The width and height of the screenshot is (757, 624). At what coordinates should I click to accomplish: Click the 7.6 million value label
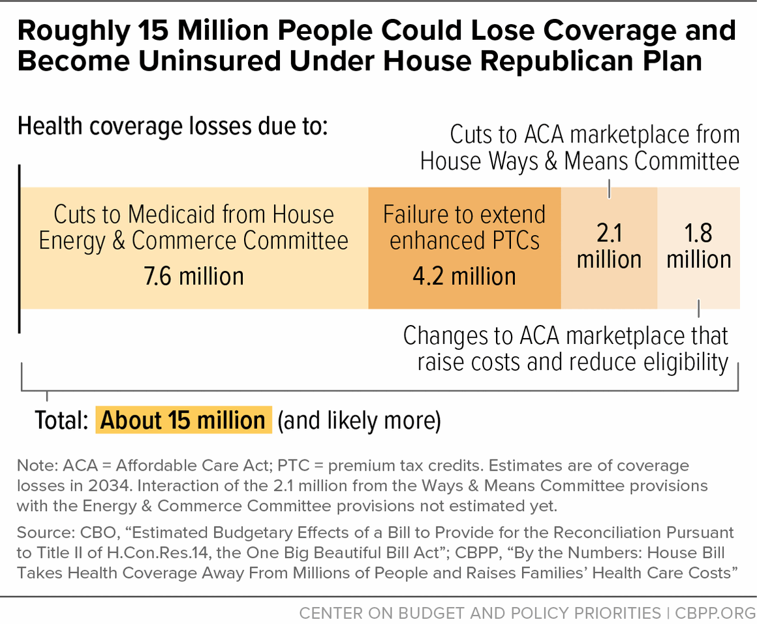(194, 276)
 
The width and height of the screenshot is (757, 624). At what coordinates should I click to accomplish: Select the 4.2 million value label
(464, 276)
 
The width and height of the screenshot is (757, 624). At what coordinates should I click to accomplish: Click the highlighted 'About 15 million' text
(183, 420)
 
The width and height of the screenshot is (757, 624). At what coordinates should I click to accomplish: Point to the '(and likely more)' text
(359, 421)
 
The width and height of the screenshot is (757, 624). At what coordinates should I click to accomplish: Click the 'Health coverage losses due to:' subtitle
(172, 125)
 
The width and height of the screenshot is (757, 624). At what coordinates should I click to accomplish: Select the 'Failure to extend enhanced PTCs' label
(464, 227)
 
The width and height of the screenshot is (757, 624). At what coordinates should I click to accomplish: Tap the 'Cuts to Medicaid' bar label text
(194, 227)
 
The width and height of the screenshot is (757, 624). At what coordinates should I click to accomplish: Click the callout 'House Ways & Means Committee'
(579, 161)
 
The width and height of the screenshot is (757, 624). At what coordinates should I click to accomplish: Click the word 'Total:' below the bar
(61, 421)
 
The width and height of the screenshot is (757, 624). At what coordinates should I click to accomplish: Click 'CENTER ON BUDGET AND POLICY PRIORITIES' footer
(480, 614)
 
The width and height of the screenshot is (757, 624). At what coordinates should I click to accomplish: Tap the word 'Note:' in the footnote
(37, 466)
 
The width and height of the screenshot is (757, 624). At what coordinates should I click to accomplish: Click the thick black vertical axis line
(20, 248)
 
